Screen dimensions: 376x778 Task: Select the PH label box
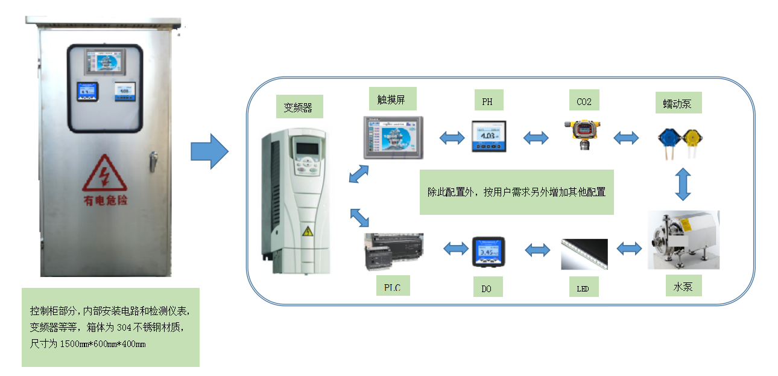pyautogui.click(x=487, y=101)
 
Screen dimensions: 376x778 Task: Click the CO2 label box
pyautogui.click(x=584, y=101)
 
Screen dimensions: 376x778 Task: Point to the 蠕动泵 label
pyautogui.click(x=678, y=102)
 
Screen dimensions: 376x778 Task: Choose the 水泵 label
pyautogui.click(x=683, y=285)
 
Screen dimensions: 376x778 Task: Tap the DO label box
pyautogui.click(x=487, y=288)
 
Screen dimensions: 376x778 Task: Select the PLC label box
pyautogui.click(x=392, y=286)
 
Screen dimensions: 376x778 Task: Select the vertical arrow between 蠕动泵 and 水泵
pyautogui.click(x=683, y=183)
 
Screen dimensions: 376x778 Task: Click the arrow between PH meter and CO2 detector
pyautogui.click(x=536, y=138)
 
